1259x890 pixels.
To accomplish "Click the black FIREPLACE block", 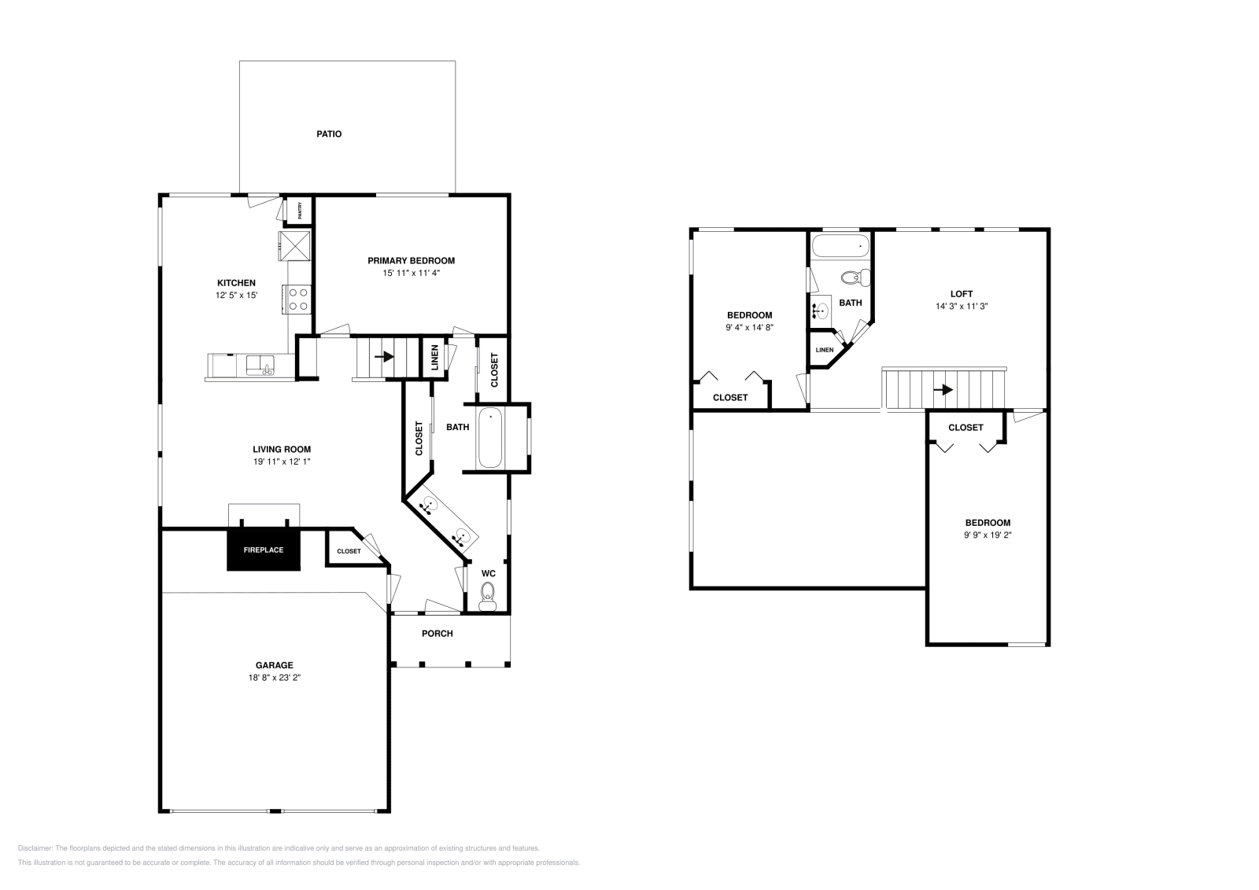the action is pyautogui.click(x=264, y=550).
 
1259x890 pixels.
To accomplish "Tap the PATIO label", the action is pyautogui.click(x=329, y=134).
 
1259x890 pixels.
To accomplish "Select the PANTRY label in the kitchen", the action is pyautogui.click(x=300, y=211).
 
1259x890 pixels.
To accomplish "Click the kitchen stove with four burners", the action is pyautogui.click(x=297, y=300).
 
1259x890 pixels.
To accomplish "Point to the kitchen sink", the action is pyautogui.click(x=260, y=365).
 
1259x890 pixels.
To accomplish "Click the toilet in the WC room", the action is pyautogui.click(x=487, y=596).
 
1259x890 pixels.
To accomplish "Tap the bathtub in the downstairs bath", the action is pyautogui.click(x=489, y=438).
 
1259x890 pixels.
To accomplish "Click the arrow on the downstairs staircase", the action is pyautogui.click(x=385, y=357).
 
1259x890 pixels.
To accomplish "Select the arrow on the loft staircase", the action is pyautogui.click(x=943, y=389).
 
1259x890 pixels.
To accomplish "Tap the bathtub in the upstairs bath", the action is pyautogui.click(x=841, y=246).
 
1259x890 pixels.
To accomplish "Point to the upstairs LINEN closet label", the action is pyautogui.click(x=825, y=350).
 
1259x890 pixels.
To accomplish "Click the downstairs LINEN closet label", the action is pyautogui.click(x=434, y=357).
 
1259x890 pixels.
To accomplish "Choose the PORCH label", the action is pyautogui.click(x=438, y=634).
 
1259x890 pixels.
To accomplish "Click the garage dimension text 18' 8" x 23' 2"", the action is pyautogui.click(x=275, y=678).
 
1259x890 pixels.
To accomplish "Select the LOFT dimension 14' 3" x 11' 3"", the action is pyautogui.click(x=962, y=307).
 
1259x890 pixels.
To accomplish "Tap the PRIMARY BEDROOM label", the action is pyautogui.click(x=411, y=260).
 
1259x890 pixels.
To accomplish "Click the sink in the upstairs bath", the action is pyautogui.click(x=821, y=310).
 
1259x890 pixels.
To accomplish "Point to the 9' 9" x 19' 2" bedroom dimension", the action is pyautogui.click(x=988, y=535).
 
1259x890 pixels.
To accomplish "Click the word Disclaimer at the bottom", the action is pyautogui.click(x=35, y=848).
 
